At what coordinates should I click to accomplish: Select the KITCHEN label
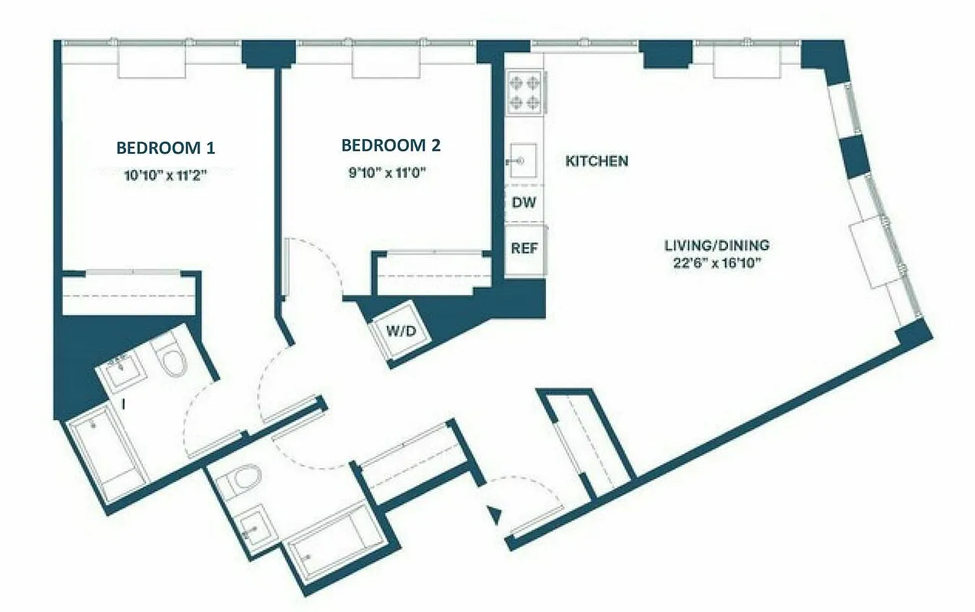tap(596, 161)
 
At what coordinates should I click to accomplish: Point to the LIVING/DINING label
tap(717, 246)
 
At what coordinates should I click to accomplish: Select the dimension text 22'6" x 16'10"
tap(716, 264)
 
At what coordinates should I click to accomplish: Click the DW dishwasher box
tap(525, 203)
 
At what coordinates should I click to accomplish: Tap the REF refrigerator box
tap(525, 249)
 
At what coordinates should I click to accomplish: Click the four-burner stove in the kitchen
tap(524, 92)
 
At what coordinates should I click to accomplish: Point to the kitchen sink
tap(523, 161)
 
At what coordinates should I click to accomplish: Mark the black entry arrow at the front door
tap(496, 515)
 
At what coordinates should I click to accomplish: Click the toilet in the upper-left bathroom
tap(172, 358)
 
